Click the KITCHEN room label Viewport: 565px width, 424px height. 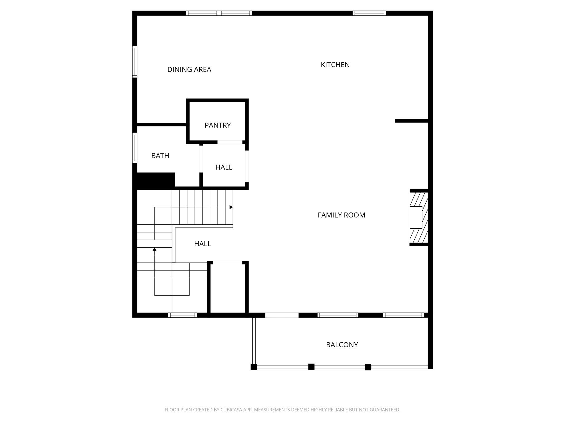click(x=335, y=65)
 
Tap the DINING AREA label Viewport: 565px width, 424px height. click(x=189, y=70)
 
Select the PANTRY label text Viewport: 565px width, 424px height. click(x=218, y=125)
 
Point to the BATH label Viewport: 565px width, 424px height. click(x=160, y=156)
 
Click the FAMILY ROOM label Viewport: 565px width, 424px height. click(x=341, y=215)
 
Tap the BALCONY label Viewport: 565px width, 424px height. click(x=342, y=345)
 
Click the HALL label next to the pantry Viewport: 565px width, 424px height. click(x=224, y=167)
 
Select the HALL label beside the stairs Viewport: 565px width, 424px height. click(x=202, y=244)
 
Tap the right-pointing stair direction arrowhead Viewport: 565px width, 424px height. click(x=231, y=207)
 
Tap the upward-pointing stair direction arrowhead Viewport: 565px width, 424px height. click(x=154, y=249)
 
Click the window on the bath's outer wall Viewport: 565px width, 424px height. click(x=135, y=148)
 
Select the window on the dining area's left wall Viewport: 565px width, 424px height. click(x=135, y=62)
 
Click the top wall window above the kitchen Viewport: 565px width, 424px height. click(x=369, y=13)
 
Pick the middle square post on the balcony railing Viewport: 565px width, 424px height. click(x=311, y=367)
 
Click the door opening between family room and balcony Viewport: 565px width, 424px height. click(x=282, y=315)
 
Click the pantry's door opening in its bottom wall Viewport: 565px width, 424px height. click(x=230, y=142)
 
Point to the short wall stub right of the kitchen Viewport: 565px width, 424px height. click(x=411, y=121)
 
